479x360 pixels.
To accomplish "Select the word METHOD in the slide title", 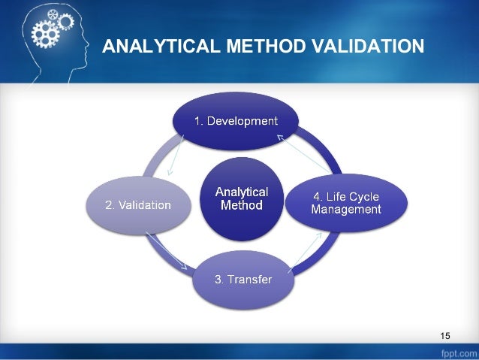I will coord(252,47).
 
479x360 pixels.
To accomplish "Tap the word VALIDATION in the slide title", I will coord(364,47).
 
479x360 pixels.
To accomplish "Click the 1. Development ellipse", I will coord(236,120).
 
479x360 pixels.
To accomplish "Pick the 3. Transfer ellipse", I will coord(243,280).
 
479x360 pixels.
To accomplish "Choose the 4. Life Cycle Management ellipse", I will coord(346,202).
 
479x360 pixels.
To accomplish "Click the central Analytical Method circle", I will coord(240,198).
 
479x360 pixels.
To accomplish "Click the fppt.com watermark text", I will coord(456,352).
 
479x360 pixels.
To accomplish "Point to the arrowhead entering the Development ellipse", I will coord(279,137).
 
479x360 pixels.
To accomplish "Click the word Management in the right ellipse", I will coord(346,210).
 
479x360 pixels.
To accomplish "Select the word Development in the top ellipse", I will coord(243,120).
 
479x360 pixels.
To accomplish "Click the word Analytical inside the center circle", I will coord(241,192).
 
